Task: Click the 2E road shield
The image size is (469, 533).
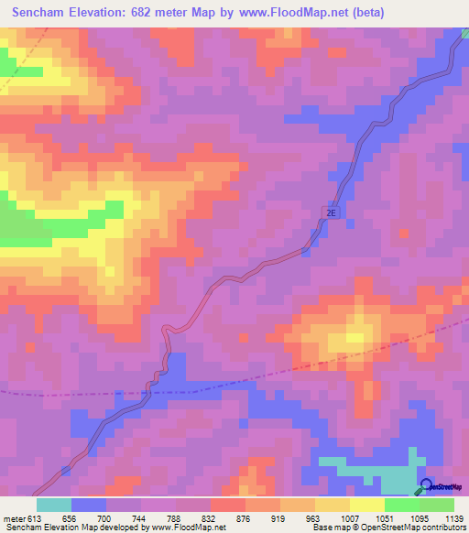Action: [x=331, y=212]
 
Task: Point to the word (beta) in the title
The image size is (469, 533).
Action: [x=365, y=12]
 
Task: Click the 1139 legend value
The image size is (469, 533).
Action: [x=453, y=517]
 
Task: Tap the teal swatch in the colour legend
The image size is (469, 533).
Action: [x=54, y=505]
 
